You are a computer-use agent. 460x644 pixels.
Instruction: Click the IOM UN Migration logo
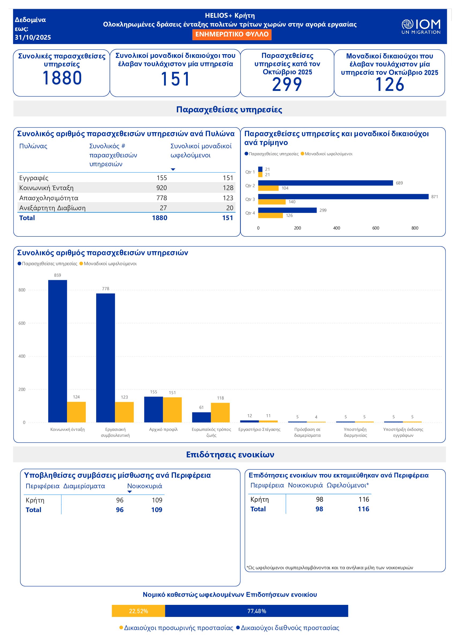tap(421, 27)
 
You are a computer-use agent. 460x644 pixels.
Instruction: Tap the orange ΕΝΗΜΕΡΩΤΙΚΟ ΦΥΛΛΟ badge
tap(232, 34)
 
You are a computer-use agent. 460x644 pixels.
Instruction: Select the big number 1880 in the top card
tap(62, 78)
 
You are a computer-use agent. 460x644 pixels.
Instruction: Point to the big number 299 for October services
tap(287, 84)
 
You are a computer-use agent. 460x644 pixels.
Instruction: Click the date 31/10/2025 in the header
tap(33, 38)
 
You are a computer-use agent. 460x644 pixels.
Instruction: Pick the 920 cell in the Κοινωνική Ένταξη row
tap(162, 188)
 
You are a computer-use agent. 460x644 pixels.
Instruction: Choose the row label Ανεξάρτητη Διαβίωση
tap(53, 208)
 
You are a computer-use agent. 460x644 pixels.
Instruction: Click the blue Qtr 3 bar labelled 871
tap(343, 197)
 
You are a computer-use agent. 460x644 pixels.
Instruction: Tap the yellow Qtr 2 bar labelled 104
tap(268, 188)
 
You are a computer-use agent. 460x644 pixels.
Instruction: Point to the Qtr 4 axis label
tap(250, 213)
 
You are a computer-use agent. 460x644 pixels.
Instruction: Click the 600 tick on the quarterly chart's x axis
tap(376, 228)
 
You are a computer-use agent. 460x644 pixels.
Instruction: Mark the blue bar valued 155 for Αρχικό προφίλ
tap(154, 409)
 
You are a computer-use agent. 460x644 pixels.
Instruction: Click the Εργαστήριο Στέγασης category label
tap(259, 430)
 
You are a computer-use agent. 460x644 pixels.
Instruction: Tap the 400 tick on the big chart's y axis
tap(22, 356)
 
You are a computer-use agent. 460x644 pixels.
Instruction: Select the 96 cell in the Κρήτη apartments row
tap(119, 500)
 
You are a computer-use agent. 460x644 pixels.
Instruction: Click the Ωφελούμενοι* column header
tap(347, 485)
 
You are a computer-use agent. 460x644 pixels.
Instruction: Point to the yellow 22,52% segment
tap(138, 611)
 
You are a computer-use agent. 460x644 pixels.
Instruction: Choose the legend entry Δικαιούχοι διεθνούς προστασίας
tap(290, 628)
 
